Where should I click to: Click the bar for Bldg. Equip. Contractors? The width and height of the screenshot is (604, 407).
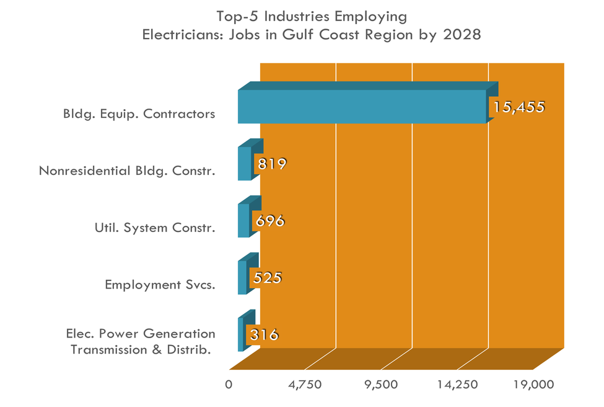362,106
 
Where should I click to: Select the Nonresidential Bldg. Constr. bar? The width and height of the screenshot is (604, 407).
245,163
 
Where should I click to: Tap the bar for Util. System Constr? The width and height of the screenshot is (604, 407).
243,220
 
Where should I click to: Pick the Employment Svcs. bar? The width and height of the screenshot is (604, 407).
242,277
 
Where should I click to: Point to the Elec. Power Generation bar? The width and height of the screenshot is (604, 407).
241,334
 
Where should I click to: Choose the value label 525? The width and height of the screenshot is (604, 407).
266,277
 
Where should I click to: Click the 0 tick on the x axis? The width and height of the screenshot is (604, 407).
229,384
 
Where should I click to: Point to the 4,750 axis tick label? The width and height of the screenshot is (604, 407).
305,384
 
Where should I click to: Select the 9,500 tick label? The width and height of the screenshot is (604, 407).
382,384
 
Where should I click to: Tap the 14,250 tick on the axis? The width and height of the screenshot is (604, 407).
458,384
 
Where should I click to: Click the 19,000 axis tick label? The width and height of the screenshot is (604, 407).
533,384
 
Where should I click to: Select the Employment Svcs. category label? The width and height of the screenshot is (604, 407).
160,285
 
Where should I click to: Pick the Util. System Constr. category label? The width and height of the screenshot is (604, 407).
151,228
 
